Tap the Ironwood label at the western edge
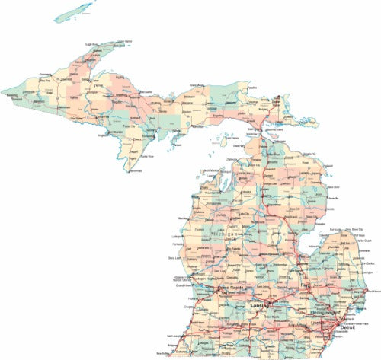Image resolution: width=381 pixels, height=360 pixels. [x=11, y=96]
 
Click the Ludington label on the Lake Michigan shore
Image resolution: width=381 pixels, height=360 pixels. [x=183, y=235]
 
